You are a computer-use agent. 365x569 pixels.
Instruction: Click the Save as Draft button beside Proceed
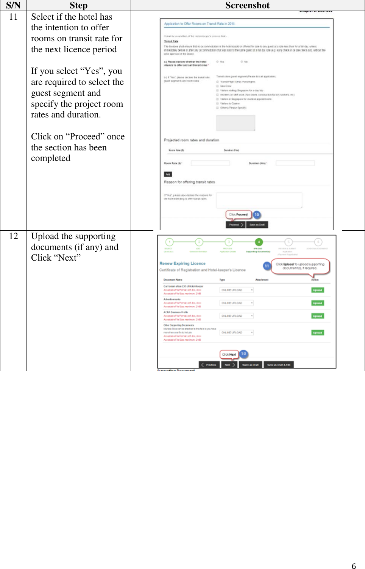click(257, 225)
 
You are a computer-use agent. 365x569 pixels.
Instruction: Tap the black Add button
click(168, 174)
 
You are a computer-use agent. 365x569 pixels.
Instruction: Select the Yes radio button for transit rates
click(218, 61)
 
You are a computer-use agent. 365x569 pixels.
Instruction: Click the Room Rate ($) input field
click(210, 163)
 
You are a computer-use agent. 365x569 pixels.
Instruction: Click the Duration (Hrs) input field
click(295, 163)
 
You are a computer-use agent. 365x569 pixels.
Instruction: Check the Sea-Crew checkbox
click(218, 86)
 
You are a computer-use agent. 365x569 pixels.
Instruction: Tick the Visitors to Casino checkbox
click(218, 103)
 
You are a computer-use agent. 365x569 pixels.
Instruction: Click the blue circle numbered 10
click(257, 215)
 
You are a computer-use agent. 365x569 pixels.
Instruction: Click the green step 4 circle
click(259, 242)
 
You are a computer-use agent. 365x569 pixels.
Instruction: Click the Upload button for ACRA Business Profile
click(317, 316)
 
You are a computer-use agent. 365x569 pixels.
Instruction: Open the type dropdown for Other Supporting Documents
click(237, 333)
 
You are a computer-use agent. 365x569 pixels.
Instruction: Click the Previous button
click(209, 365)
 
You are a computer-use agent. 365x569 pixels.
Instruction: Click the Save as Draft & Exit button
click(279, 365)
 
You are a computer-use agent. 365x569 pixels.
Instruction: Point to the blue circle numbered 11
click(267, 266)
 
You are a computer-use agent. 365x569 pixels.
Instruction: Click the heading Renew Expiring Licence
click(182, 263)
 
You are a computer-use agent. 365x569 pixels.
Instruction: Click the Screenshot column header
click(247, 5)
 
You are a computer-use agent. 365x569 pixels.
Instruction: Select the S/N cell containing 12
click(13, 236)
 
